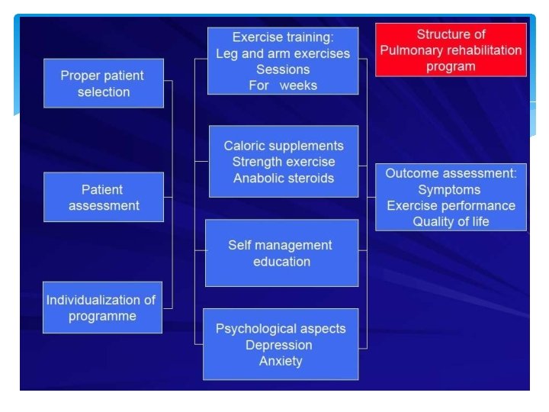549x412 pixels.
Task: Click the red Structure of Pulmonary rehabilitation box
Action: coord(451,50)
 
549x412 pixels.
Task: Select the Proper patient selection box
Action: coord(104,83)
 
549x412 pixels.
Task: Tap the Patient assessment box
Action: coord(104,197)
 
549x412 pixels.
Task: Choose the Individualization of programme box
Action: coord(102,307)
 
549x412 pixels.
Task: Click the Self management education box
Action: coord(281,253)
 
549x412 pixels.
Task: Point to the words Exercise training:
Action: coord(283,37)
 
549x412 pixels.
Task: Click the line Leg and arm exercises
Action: coord(283,53)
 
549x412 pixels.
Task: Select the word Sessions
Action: coord(283,69)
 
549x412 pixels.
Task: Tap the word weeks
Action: coord(298,85)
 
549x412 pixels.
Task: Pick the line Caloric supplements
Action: coord(284,146)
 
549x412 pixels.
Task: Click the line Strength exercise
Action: coord(284,162)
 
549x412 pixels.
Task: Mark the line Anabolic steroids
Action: coord(284,178)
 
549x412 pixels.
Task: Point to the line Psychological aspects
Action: coord(281,329)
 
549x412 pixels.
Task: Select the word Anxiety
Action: coord(281,361)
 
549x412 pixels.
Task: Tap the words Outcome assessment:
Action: coord(451,173)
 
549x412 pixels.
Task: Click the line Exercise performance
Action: coord(451,205)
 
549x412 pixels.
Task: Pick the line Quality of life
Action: coord(451,221)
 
